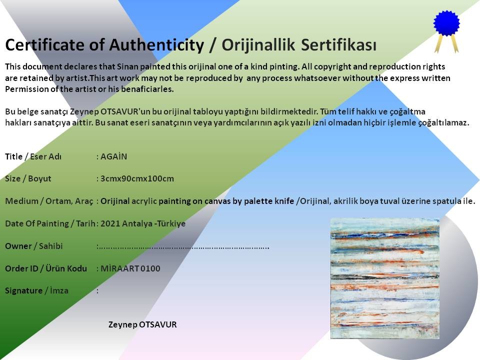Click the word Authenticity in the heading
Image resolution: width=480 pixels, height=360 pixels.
tap(156, 45)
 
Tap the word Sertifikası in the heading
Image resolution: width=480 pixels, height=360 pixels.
tap(338, 45)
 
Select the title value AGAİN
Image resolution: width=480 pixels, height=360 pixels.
tap(113, 156)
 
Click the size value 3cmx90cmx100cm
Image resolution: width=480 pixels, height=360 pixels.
tap(137, 178)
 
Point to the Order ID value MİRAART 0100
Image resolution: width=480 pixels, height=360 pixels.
tap(130, 268)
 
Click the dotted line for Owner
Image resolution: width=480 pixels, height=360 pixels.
tap(183, 246)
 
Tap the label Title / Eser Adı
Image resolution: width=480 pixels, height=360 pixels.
tap(33, 156)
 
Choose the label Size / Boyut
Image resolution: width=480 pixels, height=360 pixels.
tap(28, 178)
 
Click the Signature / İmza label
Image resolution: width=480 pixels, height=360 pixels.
tap(36, 290)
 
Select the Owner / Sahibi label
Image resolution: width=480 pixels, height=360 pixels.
tap(33, 246)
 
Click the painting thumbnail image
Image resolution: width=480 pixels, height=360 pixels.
tap(385, 278)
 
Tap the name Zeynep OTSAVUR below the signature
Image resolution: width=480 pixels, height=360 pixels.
tap(142, 324)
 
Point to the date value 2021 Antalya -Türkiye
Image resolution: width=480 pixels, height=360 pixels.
tap(143, 223)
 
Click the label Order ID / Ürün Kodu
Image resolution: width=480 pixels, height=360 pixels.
tap(46, 268)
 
